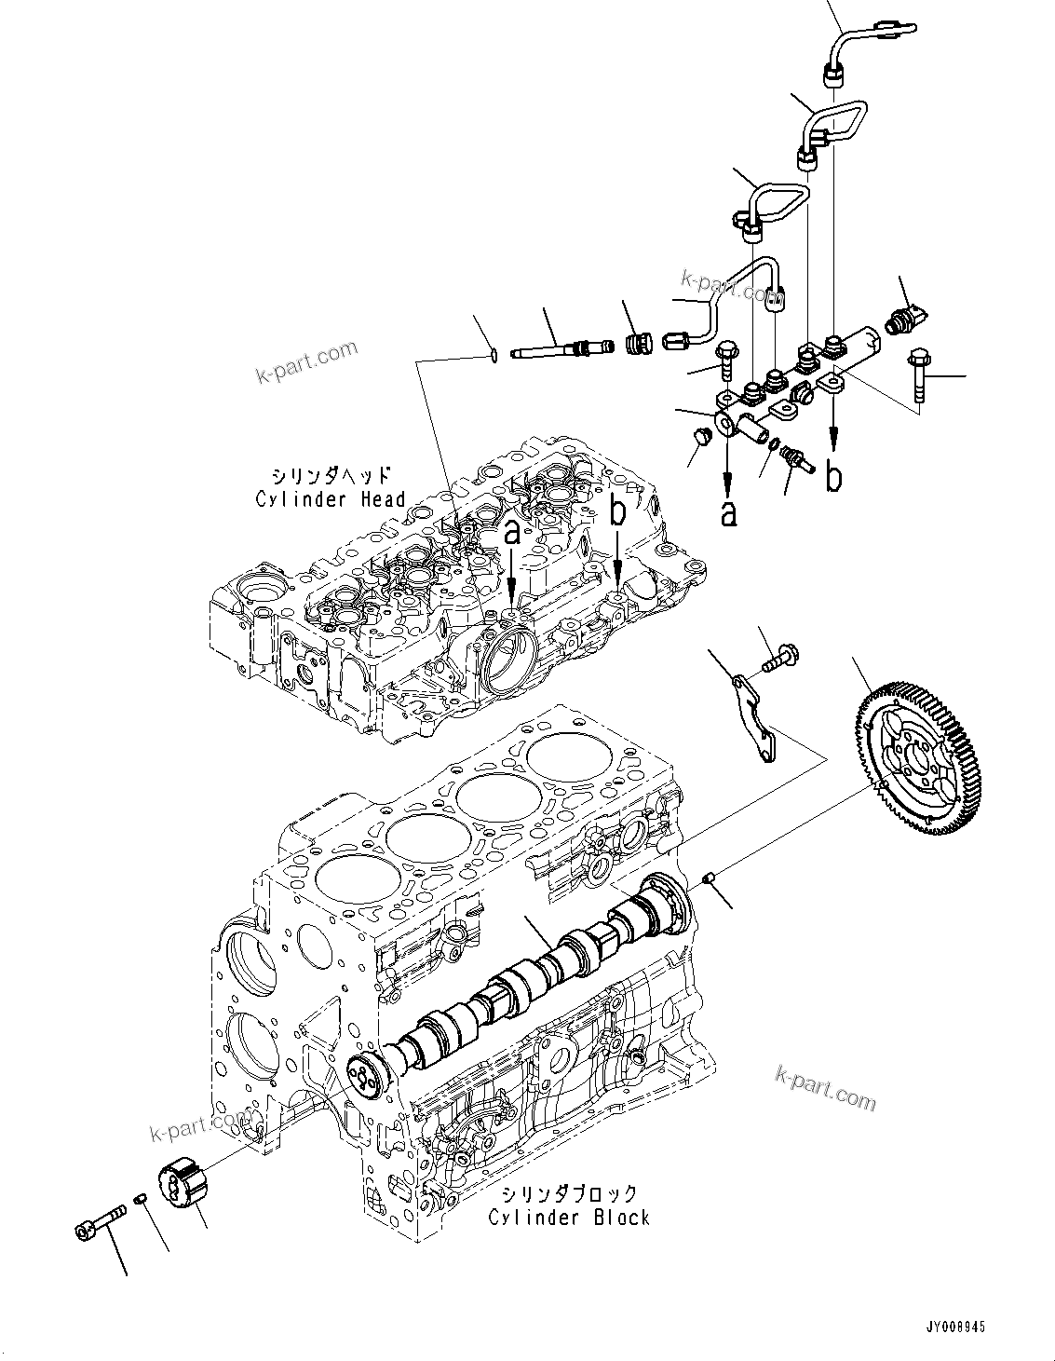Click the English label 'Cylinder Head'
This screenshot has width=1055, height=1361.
[x=331, y=499]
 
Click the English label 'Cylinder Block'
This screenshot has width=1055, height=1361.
[x=569, y=1217]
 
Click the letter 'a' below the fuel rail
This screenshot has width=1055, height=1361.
[x=728, y=511]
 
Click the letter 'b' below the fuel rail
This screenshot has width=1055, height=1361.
[x=834, y=476]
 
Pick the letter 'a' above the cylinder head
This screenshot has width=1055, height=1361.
[x=512, y=534]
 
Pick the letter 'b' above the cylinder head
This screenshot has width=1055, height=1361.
[x=619, y=512]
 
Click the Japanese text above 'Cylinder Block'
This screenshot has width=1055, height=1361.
[x=569, y=1193]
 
